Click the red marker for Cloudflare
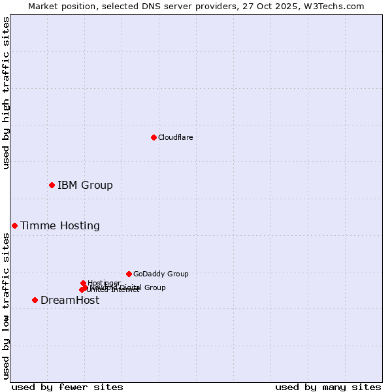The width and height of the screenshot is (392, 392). point(154,137)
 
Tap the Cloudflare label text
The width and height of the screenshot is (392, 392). point(175,137)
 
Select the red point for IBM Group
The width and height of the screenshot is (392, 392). point(52,185)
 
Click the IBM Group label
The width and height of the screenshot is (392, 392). point(85,185)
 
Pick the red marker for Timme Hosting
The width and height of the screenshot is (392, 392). point(14,225)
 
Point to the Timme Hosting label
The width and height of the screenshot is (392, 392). point(60,225)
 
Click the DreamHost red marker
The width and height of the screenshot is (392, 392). point(35,300)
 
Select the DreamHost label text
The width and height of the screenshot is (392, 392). point(70,300)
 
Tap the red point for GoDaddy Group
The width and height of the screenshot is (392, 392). point(129,274)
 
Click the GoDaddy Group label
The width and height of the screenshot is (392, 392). point(161,274)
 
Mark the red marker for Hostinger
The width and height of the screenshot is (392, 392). point(83,283)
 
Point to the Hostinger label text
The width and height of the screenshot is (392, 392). point(104,283)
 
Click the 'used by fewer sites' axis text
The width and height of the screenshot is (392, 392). point(67,387)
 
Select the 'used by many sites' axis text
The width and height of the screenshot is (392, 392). point(328,387)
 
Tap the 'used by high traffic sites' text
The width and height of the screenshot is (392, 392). point(6,93)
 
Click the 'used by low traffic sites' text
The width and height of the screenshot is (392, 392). point(6,306)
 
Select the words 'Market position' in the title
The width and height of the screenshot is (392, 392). point(60,6)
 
